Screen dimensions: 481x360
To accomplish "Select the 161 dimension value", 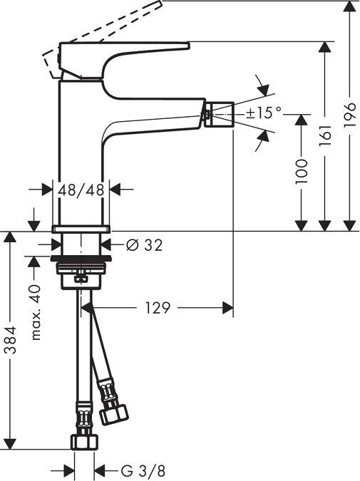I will coord(326,133).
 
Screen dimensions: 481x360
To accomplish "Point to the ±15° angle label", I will coord(264,113).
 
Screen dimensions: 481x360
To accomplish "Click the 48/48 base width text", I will coord(82,190).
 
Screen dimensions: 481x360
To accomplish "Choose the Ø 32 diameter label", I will coord(144,245).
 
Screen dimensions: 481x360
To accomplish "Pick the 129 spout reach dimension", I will coord(158,308).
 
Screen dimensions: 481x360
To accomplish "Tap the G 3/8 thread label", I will coord(142,471).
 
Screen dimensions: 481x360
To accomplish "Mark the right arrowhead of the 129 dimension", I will coord(227,308).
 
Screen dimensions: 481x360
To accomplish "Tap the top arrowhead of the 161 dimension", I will coord(326,48).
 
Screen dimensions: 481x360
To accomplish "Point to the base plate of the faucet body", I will coord(82,229).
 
